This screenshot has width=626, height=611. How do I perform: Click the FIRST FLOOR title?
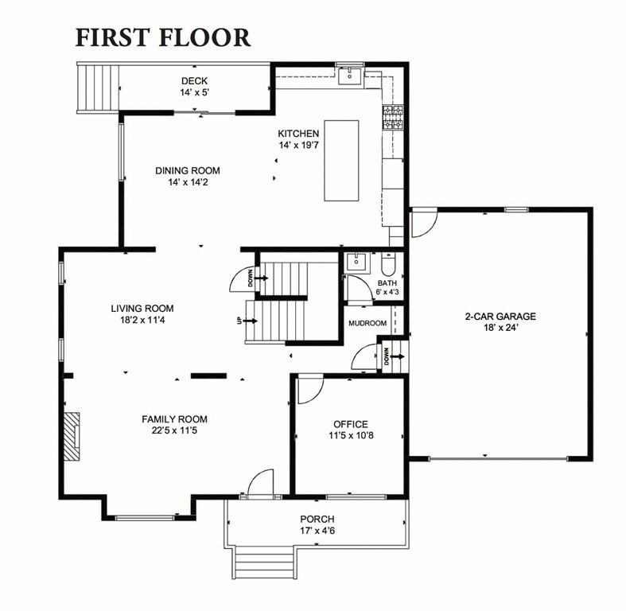pos(163,37)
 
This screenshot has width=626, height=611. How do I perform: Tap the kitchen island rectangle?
pos(341,161)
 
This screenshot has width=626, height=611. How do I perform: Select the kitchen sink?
pos(350,76)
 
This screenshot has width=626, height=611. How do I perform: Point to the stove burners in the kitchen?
pos(393,117)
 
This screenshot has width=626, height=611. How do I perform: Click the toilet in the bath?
pos(388,264)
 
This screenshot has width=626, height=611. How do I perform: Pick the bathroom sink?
pos(357,262)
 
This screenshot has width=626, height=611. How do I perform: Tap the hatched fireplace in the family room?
pos(72,437)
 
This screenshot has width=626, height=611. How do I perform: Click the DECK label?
pos(194,81)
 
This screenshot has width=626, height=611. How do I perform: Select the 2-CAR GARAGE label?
pos(500,317)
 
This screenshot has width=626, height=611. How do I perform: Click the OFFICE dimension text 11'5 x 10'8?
pos(351,435)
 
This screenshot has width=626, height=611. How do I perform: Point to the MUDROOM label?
pos(367,323)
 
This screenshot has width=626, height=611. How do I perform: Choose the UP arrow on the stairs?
pos(251,321)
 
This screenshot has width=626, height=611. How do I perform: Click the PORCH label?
pos(317,520)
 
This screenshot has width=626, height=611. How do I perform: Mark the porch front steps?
pos(263,562)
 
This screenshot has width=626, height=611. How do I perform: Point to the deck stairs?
pos(98,88)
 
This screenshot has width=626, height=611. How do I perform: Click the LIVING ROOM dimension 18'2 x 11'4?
pos(142,320)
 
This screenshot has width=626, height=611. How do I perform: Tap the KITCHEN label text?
pos(298,134)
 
